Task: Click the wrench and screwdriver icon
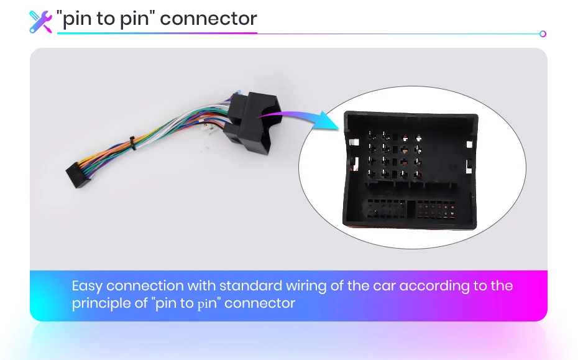tap(40, 21)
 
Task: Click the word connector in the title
tap(209, 19)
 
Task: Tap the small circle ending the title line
tap(543, 34)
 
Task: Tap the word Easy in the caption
tap(87, 286)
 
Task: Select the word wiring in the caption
tap(310, 286)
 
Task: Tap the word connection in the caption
tap(145, 286)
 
